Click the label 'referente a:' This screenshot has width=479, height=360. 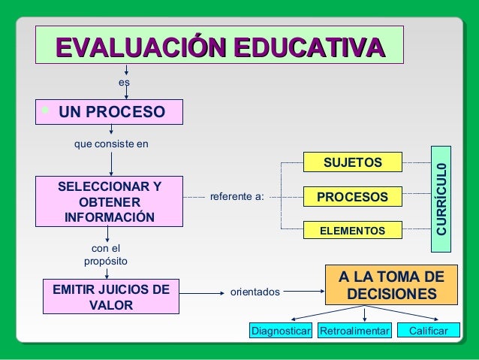236,197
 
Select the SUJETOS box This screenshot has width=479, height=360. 352,162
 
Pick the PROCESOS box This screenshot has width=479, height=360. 352,197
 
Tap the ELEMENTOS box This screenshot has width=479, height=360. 352,230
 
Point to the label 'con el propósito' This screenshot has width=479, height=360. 105,255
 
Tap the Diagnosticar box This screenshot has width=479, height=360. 281,331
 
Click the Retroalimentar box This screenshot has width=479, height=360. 354,331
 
